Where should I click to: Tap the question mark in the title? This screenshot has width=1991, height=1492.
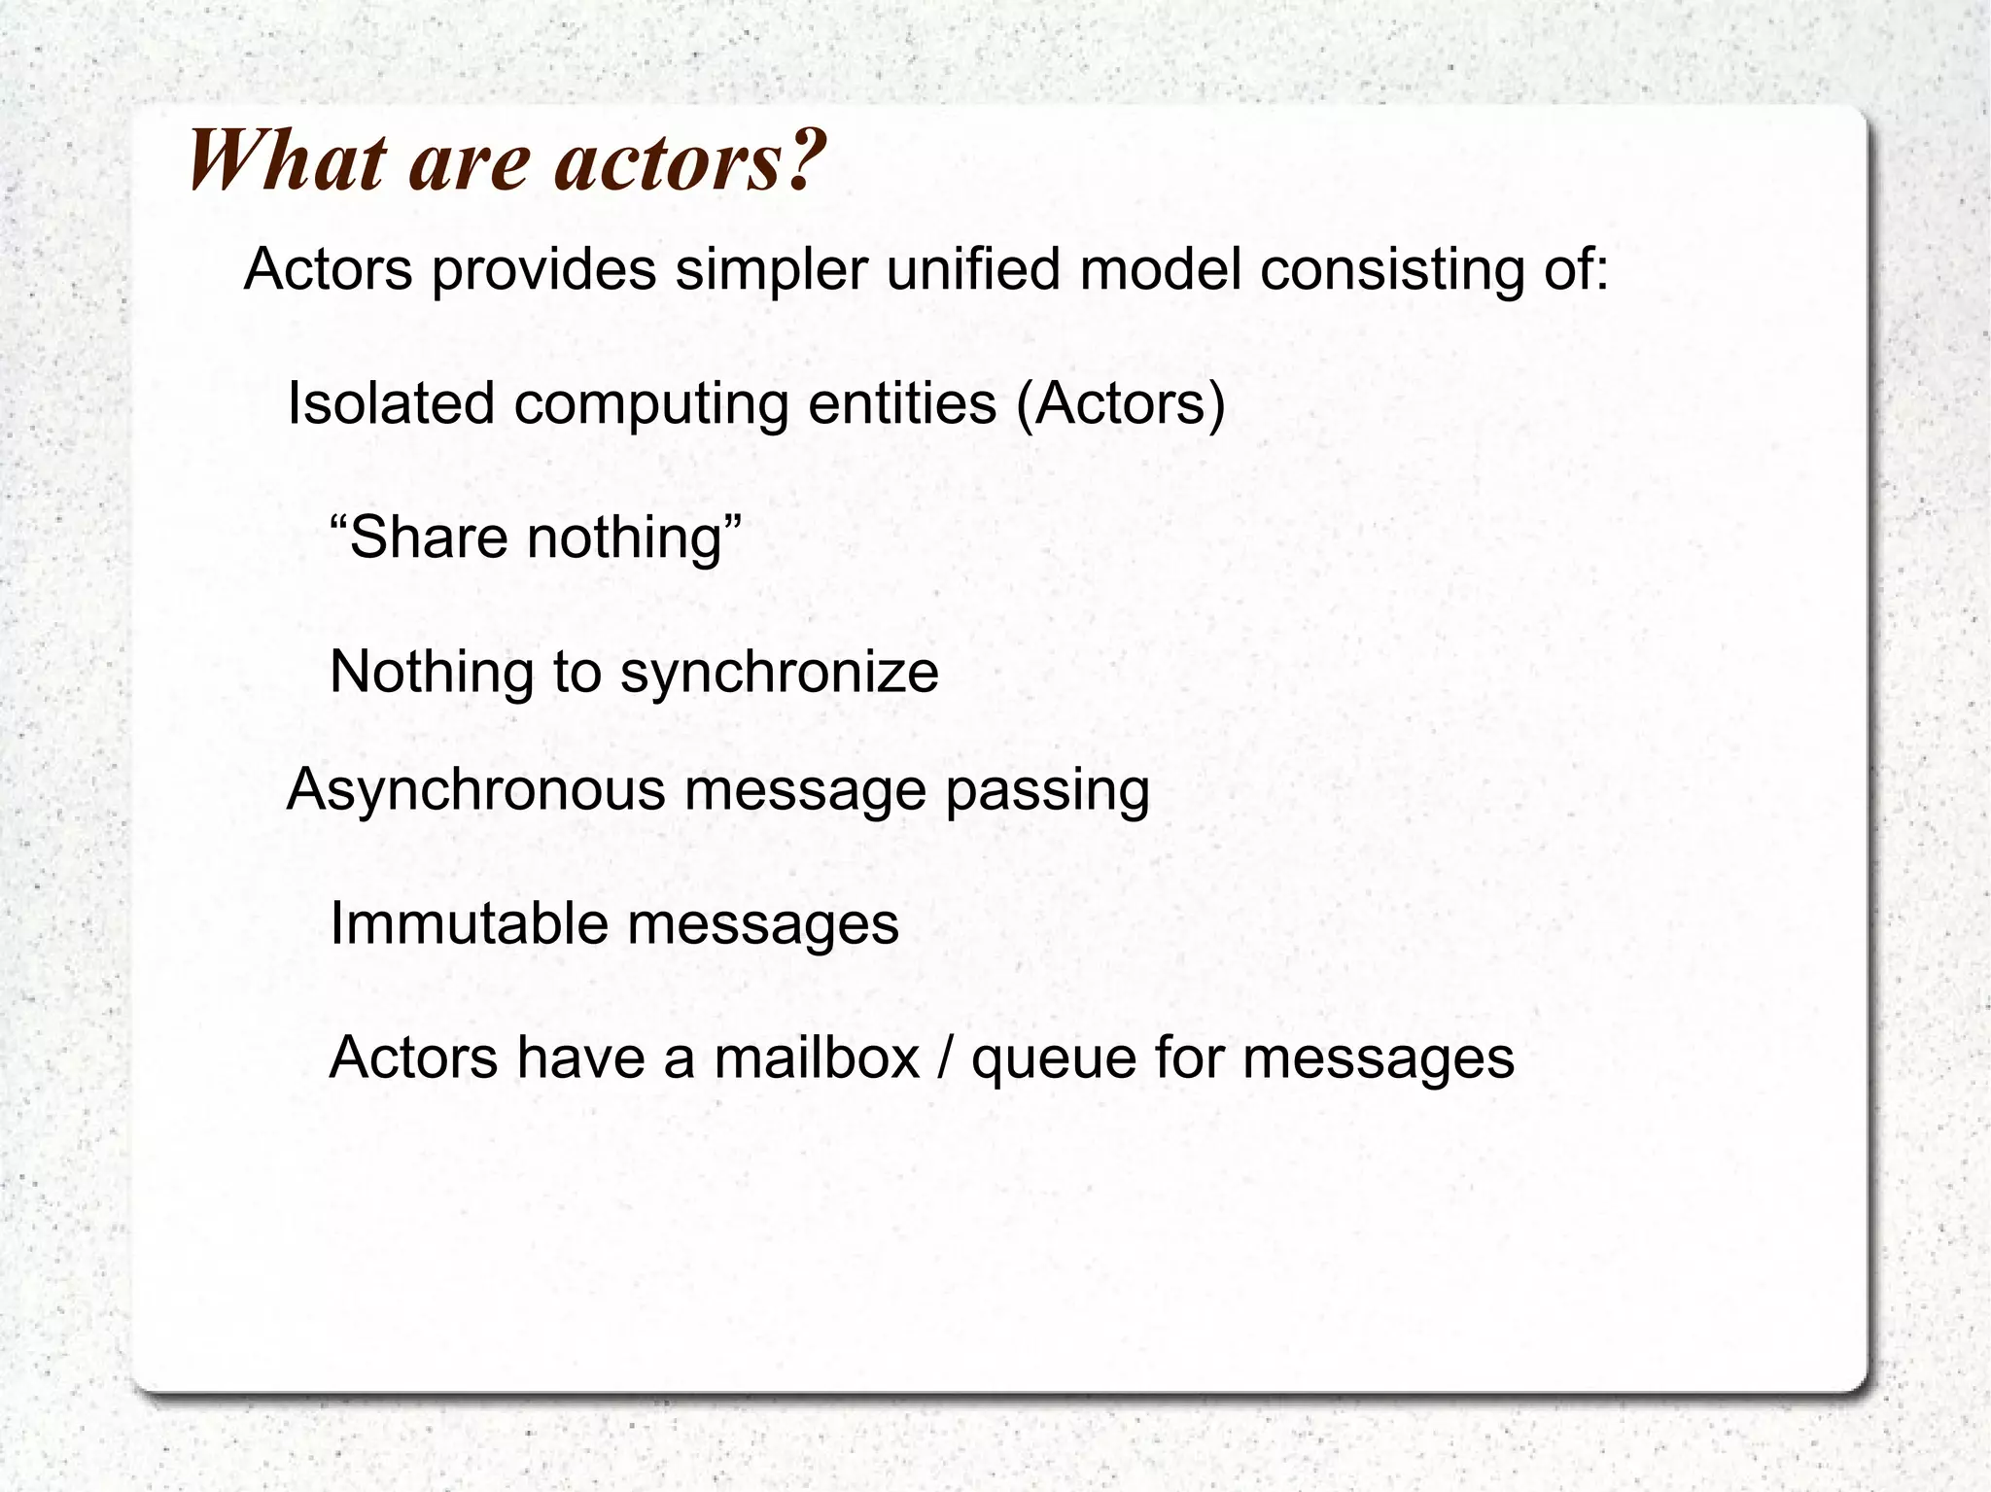803,161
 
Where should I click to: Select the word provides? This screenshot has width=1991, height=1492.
543,270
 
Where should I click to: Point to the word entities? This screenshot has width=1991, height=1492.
902,403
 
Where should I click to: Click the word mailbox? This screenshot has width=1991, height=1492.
817,1058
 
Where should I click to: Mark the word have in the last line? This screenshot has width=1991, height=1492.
580,1058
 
